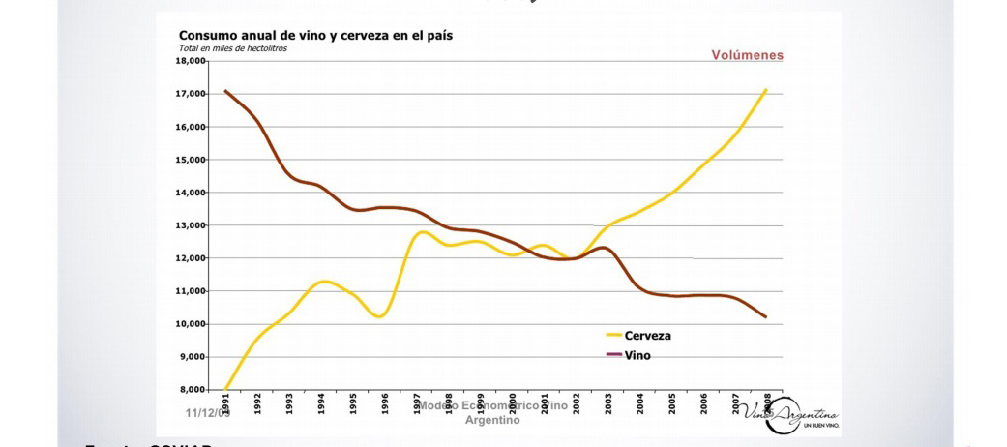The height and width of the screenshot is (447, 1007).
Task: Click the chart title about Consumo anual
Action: (315, 36)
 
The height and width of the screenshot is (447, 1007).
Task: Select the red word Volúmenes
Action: (747, 55)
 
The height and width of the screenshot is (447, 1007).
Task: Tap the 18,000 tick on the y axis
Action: (192, 61)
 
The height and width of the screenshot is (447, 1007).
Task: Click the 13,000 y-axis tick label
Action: (192, 225)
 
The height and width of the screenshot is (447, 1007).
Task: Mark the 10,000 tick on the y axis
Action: (192, 324)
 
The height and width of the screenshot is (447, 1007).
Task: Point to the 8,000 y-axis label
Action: (193, 390)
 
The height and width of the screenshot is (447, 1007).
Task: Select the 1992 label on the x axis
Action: (257, 404)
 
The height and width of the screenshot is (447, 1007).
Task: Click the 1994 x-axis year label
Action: (321, 404)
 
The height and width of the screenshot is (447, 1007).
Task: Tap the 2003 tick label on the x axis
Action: (608, 404)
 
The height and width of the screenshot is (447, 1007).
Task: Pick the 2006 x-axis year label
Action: (704, 404)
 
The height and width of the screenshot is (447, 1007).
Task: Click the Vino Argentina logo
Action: (792, 415)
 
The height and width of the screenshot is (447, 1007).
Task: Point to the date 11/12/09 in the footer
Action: (208, 413)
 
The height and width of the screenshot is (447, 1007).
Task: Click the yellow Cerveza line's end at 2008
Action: (766, 90)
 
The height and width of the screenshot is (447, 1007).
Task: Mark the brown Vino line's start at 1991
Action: (225, 91)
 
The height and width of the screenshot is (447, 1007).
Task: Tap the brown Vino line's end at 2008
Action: (766, 317)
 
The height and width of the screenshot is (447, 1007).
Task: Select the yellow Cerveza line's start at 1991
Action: (225, 389)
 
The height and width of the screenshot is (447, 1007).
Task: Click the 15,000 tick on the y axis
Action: (192, 160)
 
